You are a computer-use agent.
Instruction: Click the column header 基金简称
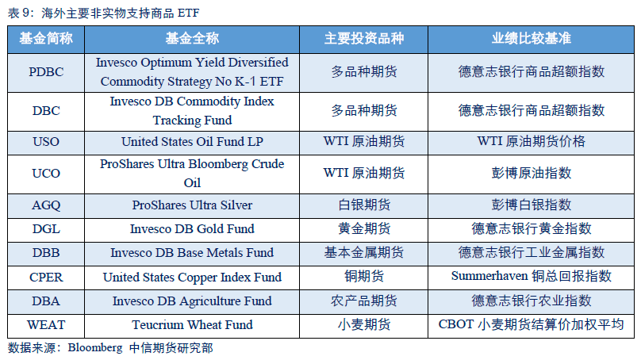pyautogui.click(x=46, y=38)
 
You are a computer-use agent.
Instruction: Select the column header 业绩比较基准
pyautogui.click(x=531, y=38)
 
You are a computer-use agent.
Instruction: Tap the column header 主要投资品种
pyautogui.click(x=364, y=38)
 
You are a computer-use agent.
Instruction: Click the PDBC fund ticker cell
pyautogui.click(x=46, y=72)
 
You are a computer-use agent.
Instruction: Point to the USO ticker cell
pyautogui.click(x=46, y=142)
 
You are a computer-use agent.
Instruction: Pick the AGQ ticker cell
pyautogui.click(x=46, y=205)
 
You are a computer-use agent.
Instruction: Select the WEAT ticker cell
pyautogui.click(x=46, y=325)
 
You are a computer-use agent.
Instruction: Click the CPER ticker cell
pyautogui.click(x=46, y=277)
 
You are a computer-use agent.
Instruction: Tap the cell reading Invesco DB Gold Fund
pyautogui.click(x=192, y=229)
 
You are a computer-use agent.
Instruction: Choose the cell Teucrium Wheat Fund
pyautogui.click(x=192, y=325)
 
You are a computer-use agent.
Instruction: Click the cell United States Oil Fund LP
pyautogui.click(x=192, y=142)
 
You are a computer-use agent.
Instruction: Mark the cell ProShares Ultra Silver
pyautogui.click(x=192, y=205)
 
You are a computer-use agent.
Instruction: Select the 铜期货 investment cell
pyautogui.click(x=364, y=277)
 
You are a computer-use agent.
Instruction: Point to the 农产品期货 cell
pyautogui.click(x=364, y=301)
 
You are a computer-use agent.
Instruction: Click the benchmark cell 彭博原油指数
pyautogui.click(x=531, y=173)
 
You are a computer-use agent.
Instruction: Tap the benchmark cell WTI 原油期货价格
pyautogui.click(x=531, y=142)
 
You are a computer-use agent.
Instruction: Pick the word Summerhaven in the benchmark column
pyautogui.click(x=489, y=276)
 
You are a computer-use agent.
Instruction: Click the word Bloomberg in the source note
pyautogui.click(x=95, y=348)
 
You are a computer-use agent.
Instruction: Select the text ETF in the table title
pyautogui.click(x=189, y=13)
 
